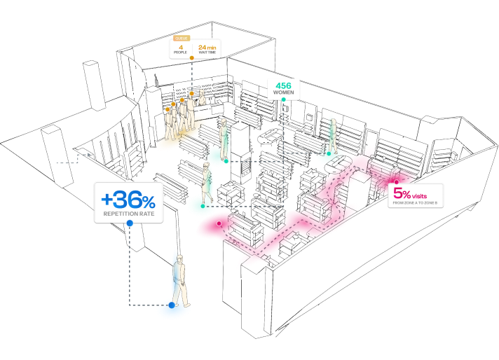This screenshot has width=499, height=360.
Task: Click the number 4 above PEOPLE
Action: tap(181, 47)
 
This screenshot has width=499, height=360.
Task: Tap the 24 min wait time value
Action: tap(206, 48)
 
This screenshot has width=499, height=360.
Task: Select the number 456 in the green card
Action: tap(283, 85)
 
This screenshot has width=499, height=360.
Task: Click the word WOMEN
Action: tap(283, 92)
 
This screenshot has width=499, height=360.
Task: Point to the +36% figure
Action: tap(128, 199)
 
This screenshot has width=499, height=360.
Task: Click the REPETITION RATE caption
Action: tap(128, 213)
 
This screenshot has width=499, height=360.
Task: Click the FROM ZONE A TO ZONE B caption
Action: tap(415, 203)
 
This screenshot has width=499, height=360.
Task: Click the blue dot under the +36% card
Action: tap(129, 223)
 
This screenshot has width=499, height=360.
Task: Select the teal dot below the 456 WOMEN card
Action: tap(284, 100)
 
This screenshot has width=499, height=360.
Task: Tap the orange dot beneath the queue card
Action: tap(191, 58)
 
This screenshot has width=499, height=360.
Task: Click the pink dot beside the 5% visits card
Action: tap(396, 183)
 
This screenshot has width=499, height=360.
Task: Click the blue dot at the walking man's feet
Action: tap(172, 305)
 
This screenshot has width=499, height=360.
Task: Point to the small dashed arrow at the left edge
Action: tap(85, 155)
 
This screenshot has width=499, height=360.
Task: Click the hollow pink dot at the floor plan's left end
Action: tap(219, 223)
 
